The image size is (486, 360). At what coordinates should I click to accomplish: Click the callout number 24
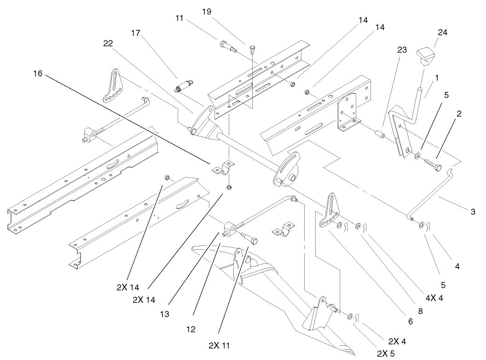443,32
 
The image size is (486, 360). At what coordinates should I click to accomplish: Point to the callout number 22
108,43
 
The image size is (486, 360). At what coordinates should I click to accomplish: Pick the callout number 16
39,73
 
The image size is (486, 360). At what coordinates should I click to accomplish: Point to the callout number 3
473,212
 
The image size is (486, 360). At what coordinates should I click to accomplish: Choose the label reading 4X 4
434,297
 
